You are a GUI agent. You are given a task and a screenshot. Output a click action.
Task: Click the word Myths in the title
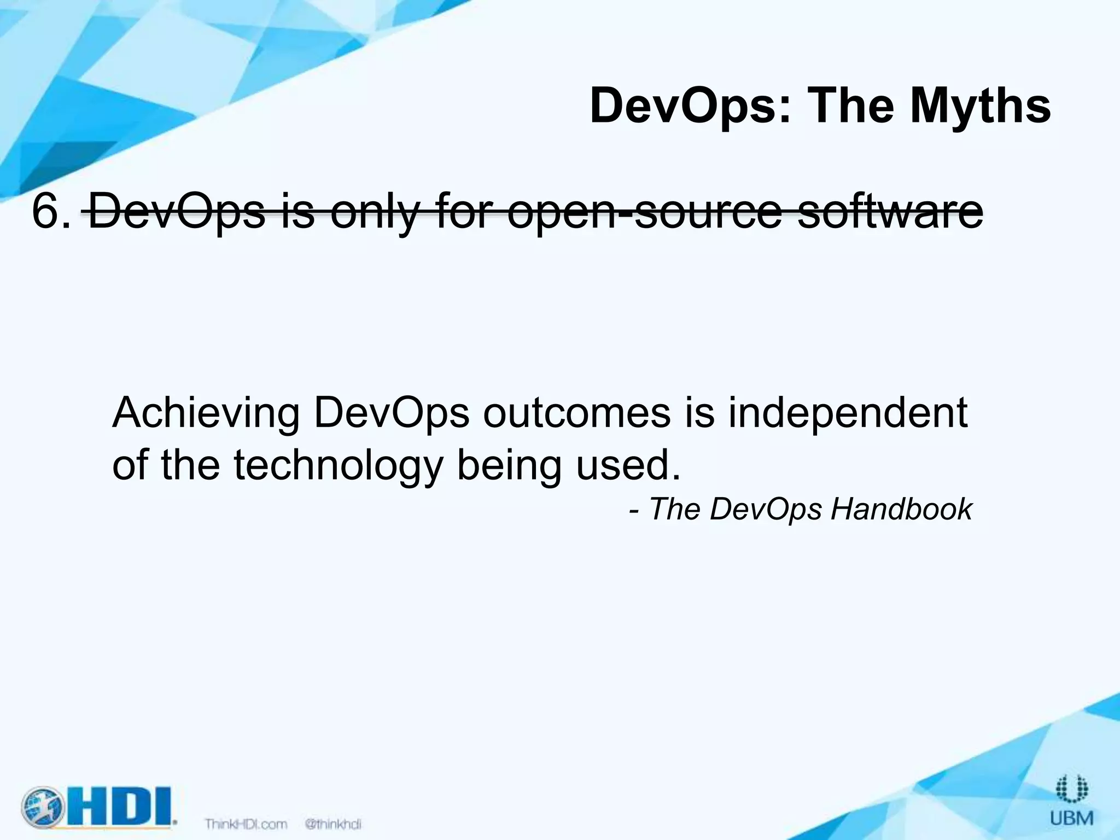click(980, 107)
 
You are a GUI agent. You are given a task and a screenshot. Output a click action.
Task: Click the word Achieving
click(206, 413)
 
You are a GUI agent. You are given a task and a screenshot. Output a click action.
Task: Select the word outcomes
click(576, 413)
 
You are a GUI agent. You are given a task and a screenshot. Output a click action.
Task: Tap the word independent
click(848, 413)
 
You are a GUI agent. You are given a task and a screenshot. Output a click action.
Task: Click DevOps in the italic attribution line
click(766, 510)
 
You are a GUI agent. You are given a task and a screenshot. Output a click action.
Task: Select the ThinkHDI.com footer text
click(246, 824)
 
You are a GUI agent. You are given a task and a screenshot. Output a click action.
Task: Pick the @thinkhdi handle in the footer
click(333, 824)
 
